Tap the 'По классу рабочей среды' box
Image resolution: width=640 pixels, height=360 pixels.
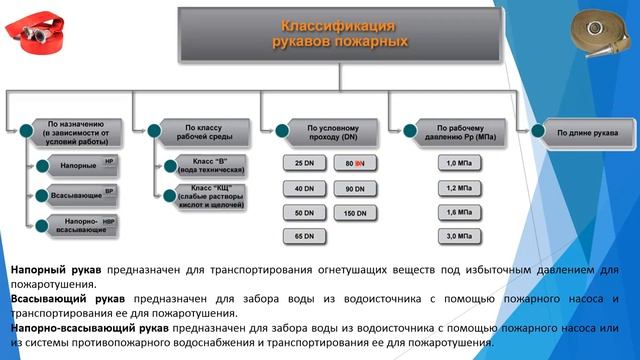point(201,131)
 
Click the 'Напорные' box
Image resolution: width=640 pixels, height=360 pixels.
point(76,163)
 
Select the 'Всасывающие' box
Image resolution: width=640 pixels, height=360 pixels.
point(76,193)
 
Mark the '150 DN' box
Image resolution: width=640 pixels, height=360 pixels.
point(354,213)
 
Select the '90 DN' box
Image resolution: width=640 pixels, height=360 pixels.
point(354,188)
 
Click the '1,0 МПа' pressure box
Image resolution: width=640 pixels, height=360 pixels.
point(457,162)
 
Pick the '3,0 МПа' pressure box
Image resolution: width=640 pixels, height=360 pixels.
point(457,236)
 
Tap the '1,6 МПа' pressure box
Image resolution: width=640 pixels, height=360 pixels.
point(457,212)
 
